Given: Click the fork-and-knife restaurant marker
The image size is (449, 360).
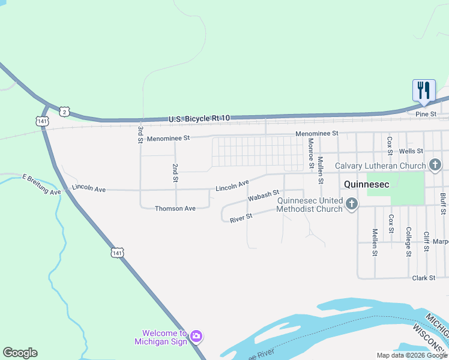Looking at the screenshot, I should (424, 91).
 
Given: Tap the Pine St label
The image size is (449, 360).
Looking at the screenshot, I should (426, 113).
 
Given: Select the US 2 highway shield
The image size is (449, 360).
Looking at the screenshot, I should (65, 111).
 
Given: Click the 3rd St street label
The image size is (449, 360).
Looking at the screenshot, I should (140, 134).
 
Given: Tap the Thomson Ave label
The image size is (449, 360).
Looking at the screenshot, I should (175, 209).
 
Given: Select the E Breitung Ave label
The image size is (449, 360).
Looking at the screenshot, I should (41, 185).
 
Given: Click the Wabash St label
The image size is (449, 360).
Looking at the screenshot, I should (264, 196).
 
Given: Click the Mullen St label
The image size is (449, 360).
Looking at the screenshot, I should (321, 170).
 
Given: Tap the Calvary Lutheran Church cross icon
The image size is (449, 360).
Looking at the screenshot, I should (436, 165).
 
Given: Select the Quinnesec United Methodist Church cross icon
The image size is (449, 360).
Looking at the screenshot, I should (352, 205).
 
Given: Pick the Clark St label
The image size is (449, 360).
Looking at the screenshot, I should (423, 278).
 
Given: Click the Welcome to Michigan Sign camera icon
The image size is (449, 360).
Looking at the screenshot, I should (196, 336).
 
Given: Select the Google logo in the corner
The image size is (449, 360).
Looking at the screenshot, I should (20, 353).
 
